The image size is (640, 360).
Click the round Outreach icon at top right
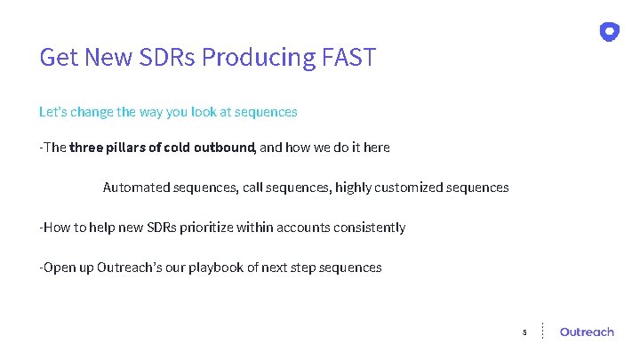pyautogui.click(x=610, y=32)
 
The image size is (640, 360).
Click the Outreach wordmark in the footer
pyautogui.click(x=587, y=332)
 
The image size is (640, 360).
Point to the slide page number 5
pyautogui.click(x=524, y=332)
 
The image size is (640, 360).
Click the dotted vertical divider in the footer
pyautogui.click(x=543, y=331)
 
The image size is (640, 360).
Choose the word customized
pyautogui.click(x=408, y=188)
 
